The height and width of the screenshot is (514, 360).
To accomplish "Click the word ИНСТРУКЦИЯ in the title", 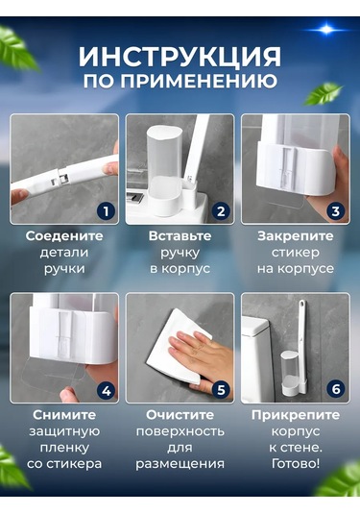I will (180, 55).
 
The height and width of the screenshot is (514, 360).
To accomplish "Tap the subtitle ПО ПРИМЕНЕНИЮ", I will (180, 82).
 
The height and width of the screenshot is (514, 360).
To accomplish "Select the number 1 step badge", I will (106, 210).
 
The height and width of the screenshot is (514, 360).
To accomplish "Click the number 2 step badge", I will (221, 210).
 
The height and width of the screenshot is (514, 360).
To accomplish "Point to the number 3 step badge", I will (335, 210).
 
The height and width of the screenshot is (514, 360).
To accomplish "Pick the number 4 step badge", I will (106, 390).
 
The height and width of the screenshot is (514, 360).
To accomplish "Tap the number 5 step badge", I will (221, 390).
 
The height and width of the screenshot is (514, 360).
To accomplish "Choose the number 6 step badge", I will (335, 390).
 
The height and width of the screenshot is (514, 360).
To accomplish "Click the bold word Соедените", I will (64, 234).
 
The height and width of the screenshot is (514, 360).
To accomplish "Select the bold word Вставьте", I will (180, 234).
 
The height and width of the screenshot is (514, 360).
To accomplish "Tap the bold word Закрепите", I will (295, 234).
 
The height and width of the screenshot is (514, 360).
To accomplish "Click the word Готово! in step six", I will (295, 465).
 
